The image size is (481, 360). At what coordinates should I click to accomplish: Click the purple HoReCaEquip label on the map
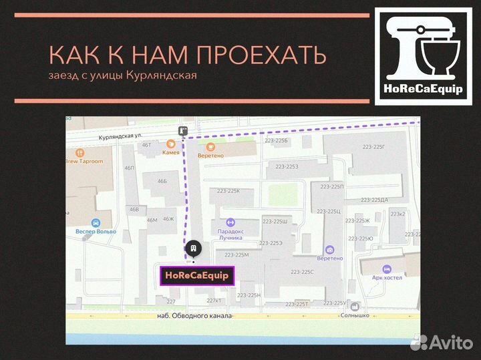[x=197, y=275]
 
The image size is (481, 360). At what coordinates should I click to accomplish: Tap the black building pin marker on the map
[x=193, y=248]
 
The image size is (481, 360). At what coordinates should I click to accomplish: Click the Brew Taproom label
[x=84, y=161]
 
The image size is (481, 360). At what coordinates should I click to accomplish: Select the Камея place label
[x=171, y=152]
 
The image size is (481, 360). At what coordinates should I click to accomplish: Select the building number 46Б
[x=162, y=181]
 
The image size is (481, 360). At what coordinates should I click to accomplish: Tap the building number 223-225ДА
[x=375, y=200]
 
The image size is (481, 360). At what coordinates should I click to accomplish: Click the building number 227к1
[x=214, y=301]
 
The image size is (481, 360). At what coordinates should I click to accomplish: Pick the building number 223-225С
[x=307, y=272]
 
